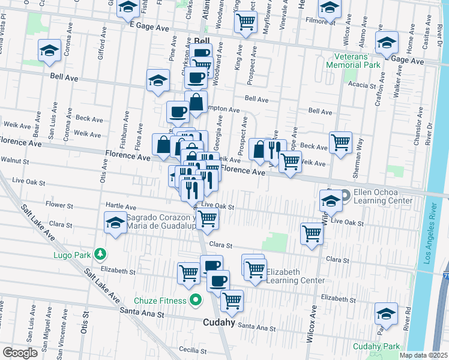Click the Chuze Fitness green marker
tap(194, 300)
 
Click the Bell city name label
tap(202, 41)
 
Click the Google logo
tap(20, 353)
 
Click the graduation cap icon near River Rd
tap(386, 313)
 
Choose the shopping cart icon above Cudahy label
tap(231, 300)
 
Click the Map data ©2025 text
tap(424, 355)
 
